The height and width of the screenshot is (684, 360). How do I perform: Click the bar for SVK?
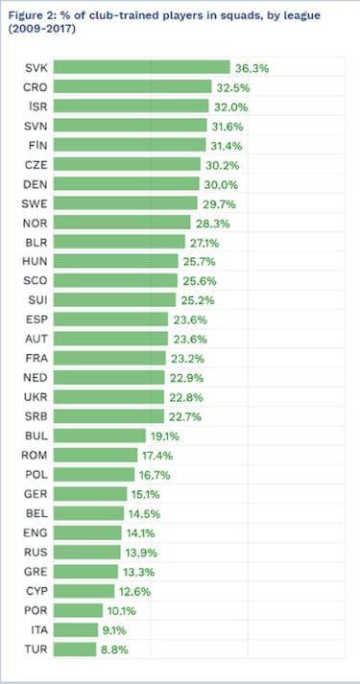point(141,67)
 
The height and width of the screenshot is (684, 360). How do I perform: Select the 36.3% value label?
point(252,67)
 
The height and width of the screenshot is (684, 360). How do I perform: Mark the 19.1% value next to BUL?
point(165,436)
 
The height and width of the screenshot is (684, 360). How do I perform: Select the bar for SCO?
point(115,280)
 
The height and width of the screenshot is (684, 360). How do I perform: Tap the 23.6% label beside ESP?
point(194,319)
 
